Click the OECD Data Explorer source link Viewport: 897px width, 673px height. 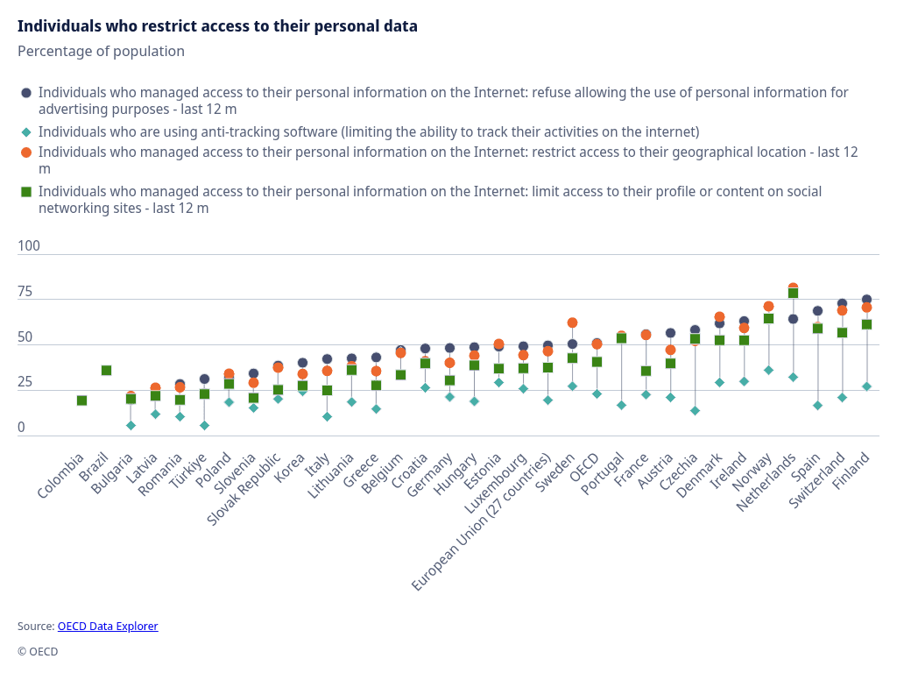point(108,627)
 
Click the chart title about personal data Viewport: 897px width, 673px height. point(217,26)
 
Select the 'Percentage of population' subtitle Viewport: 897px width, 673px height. point(101,51)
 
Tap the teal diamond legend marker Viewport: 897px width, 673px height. point(26,132)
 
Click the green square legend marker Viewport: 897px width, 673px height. point(26,191)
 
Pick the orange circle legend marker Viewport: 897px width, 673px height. point(26,152)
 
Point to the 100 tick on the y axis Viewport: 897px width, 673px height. point(29,246)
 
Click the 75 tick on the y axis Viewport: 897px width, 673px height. point(25,292)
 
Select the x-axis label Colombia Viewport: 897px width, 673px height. point(61,476)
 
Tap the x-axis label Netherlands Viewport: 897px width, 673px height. point(766,482)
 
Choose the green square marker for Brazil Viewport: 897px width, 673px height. point(106,371)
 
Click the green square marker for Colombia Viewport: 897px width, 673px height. point(81,400)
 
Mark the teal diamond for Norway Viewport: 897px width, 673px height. point(768,370)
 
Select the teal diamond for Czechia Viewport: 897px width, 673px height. point(695,410)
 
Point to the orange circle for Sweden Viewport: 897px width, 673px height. point(572,322)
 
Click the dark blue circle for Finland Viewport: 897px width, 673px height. point(866,300)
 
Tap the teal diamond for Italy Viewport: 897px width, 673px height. point(327,416)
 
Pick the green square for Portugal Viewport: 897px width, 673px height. point(621,338)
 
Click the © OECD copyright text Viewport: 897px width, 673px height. point(38,652)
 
